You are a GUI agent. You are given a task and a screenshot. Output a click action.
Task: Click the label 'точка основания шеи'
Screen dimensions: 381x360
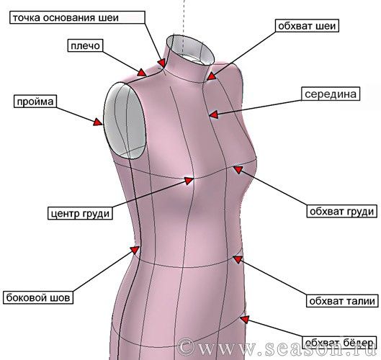(x=77, y=17)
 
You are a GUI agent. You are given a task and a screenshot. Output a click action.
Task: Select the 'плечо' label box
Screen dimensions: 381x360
(x=85, y=45)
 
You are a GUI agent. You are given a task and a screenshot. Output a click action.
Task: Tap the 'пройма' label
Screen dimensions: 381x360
(x=35, y=102)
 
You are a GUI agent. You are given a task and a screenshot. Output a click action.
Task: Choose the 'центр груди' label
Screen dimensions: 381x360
(x=80, y=213)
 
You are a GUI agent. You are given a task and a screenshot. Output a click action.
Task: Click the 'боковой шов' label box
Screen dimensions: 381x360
(x=38, y=297)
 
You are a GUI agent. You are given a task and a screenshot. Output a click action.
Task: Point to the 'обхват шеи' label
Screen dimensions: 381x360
(x=307, y=26)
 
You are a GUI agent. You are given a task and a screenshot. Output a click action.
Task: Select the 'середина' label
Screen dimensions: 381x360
(x=331, y=94)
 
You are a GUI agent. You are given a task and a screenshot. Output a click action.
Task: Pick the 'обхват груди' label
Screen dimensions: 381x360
(x=342, y=211)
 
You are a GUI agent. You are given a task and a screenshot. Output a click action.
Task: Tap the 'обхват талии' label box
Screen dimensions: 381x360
(x=342, y=301)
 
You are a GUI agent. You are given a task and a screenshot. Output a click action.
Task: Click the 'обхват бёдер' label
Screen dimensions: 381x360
(x=339, y=343)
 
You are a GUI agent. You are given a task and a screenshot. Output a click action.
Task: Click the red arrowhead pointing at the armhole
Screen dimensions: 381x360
(x=99, y=122)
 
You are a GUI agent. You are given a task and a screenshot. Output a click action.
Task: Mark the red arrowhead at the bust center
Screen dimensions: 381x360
(x=189, y=181)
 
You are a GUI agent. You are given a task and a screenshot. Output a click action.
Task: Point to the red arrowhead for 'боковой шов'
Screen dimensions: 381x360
(x=135, y=250)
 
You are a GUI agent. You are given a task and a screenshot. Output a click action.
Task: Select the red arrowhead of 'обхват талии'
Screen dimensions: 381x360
(x=238, y=259)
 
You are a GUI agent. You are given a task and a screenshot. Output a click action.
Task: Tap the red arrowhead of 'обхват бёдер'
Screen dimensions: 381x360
(x=245, y=319)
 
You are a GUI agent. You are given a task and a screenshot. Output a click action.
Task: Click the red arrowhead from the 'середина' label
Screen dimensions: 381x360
(x=214, y=114)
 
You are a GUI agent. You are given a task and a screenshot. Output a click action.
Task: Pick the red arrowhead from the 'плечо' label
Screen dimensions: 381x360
(x=142, y=72)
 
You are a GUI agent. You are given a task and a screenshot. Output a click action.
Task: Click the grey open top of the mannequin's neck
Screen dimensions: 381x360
(x=192, y=48)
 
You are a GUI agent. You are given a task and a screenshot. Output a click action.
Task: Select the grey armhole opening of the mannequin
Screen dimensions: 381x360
(x=125, y=120)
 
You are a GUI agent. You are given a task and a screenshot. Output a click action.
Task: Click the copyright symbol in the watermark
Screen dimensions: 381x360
(x=187, y=346)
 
